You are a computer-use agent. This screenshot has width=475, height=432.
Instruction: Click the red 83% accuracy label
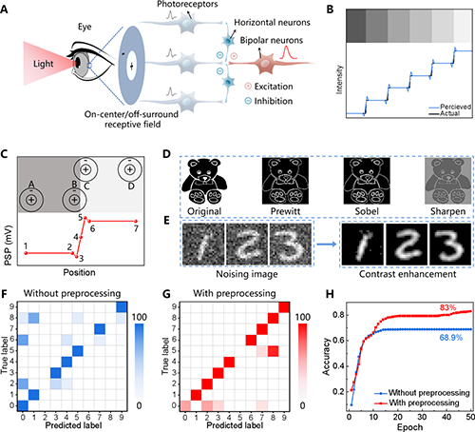point(447,307)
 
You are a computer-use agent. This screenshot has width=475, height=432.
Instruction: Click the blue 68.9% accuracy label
point(450,338)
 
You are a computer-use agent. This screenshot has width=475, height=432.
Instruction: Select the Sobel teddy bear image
point(367,181)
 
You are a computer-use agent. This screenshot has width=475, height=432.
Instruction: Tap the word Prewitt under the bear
point(285,211)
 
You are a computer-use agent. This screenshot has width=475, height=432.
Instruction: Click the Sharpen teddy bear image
point(447,181)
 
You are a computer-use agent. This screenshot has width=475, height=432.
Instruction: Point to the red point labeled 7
point(136,221)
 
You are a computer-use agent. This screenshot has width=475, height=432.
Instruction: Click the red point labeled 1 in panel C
point(26,253)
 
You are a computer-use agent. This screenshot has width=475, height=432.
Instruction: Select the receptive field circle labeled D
point(129,169)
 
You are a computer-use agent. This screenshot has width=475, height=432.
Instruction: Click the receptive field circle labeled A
point(31,200)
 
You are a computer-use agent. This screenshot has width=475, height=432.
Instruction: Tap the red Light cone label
point(44,64)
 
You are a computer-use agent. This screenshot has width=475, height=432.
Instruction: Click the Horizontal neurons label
point(272,23)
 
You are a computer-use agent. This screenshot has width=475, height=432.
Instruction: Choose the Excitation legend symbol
point(248,86)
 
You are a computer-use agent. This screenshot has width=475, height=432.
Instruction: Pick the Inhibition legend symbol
point(248,101)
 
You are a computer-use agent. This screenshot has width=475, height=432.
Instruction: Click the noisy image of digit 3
point(291,244)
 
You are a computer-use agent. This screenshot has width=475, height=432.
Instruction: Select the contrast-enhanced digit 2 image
point(407,244)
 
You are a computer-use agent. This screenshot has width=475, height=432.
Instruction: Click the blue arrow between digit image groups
point(327,244)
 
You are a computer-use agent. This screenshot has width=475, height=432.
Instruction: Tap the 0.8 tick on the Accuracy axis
point(337,315)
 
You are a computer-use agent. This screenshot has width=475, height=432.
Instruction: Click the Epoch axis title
point(409,427)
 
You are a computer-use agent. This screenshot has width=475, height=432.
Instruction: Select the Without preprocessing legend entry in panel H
point(422,393)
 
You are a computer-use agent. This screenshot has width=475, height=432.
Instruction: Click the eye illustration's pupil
point(76,63)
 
